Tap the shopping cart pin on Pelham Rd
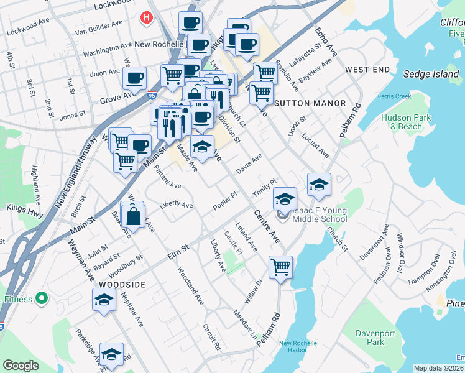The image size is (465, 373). (280, 267)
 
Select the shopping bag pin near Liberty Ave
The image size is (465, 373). (134, 216)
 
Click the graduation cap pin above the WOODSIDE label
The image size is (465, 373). (104, 300)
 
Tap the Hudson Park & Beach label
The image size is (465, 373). (406, 122)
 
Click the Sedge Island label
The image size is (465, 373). (431, 74)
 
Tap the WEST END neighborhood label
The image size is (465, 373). (367, 68)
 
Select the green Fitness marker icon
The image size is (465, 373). (42, 298)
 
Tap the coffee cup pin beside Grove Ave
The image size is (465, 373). (134, 78)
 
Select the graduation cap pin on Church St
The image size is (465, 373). (319, 184)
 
